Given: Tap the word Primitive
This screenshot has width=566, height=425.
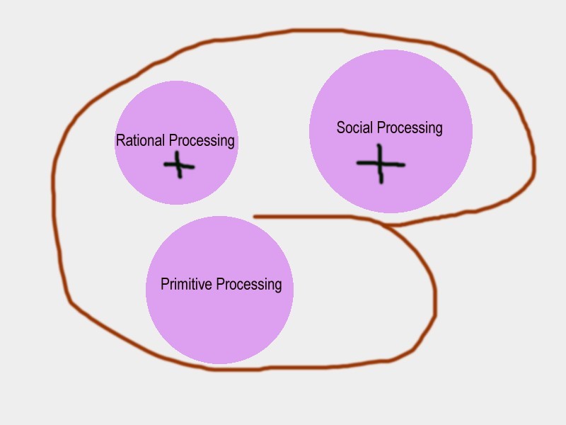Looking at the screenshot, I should tap(186, 285).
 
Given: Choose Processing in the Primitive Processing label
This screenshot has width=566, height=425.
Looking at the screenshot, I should tap(248, 285).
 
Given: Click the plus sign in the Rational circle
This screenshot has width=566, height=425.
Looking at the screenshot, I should tap(178, 166).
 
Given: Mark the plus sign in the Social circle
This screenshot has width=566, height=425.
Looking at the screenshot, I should tap(381, 164).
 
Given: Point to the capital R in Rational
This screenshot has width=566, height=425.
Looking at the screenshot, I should tap(120, 140).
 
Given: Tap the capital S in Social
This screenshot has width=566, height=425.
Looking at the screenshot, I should tap(340, 127).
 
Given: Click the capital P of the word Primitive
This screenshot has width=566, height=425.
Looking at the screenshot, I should tap(164, 284).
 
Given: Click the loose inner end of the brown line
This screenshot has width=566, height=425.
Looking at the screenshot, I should tap(255, 217).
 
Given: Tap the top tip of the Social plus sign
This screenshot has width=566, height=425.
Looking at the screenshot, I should tap(380, 146).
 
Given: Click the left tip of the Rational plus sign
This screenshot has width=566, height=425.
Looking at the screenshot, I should tap(165, 165).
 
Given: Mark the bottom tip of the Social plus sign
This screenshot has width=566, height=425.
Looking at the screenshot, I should tap(381, 183).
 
